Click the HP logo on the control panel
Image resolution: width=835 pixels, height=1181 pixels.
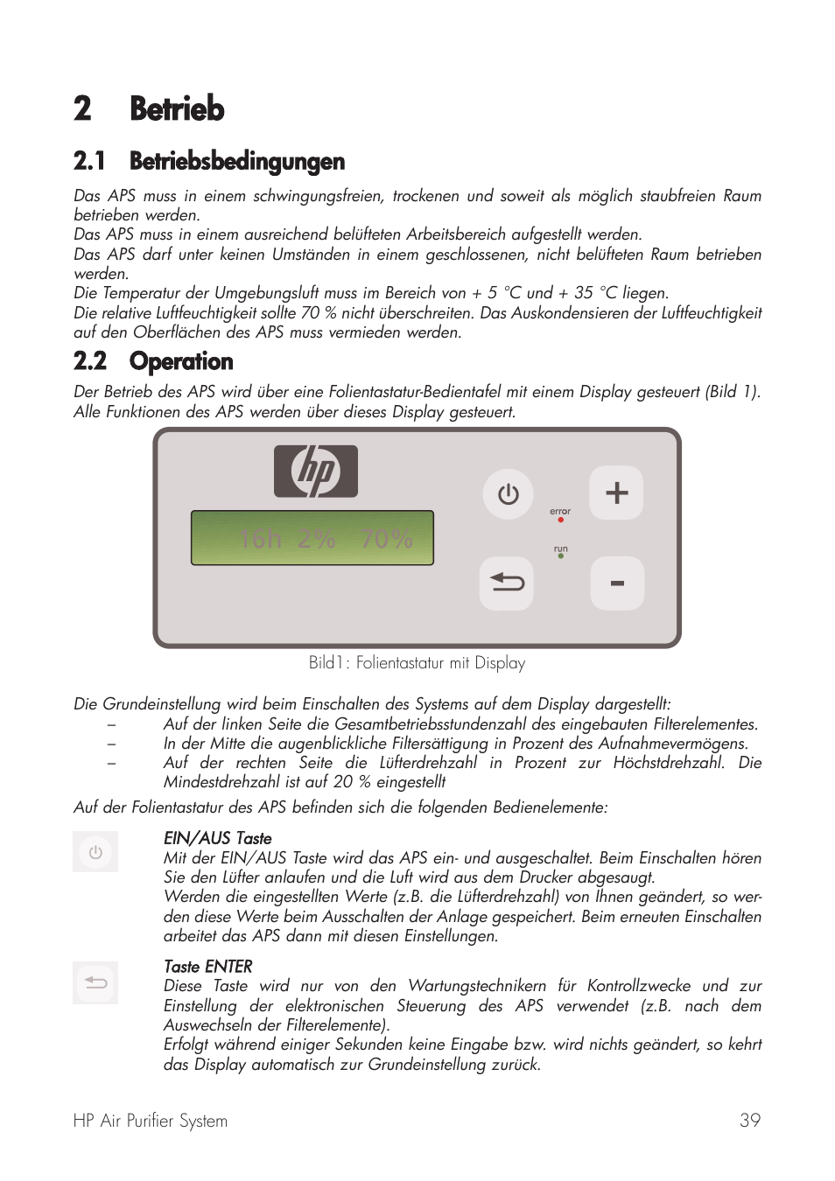click(316, 472)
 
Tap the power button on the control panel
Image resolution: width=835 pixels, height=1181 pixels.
click(508, 494)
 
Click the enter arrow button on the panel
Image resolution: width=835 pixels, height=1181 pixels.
click(507, 583)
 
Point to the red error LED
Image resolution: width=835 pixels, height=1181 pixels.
click(560, 520)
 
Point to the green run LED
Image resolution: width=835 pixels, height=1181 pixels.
click(560, 556)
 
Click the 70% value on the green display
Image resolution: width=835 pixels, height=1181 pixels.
click(387, 540)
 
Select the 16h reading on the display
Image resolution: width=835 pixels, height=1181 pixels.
click(260, 540)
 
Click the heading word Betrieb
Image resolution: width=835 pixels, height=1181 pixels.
click(177, 109)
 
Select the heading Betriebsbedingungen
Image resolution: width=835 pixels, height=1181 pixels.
click(236, 161)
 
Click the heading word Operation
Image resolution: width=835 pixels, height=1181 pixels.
click(181, 361)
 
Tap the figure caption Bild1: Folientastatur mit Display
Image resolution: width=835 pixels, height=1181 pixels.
click(417, 663)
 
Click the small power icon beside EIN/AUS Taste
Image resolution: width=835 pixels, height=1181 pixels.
click(95, 852)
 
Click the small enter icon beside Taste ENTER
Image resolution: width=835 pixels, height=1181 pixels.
click(95, 982)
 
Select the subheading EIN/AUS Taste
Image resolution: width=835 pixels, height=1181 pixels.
click(217, 838)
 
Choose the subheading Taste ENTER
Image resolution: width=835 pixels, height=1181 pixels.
click(207, 967)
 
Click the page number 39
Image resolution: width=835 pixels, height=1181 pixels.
click(749, 1121)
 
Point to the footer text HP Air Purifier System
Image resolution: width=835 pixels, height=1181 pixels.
click(151, 1121)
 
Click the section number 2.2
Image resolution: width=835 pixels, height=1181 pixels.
click(90, 361)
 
